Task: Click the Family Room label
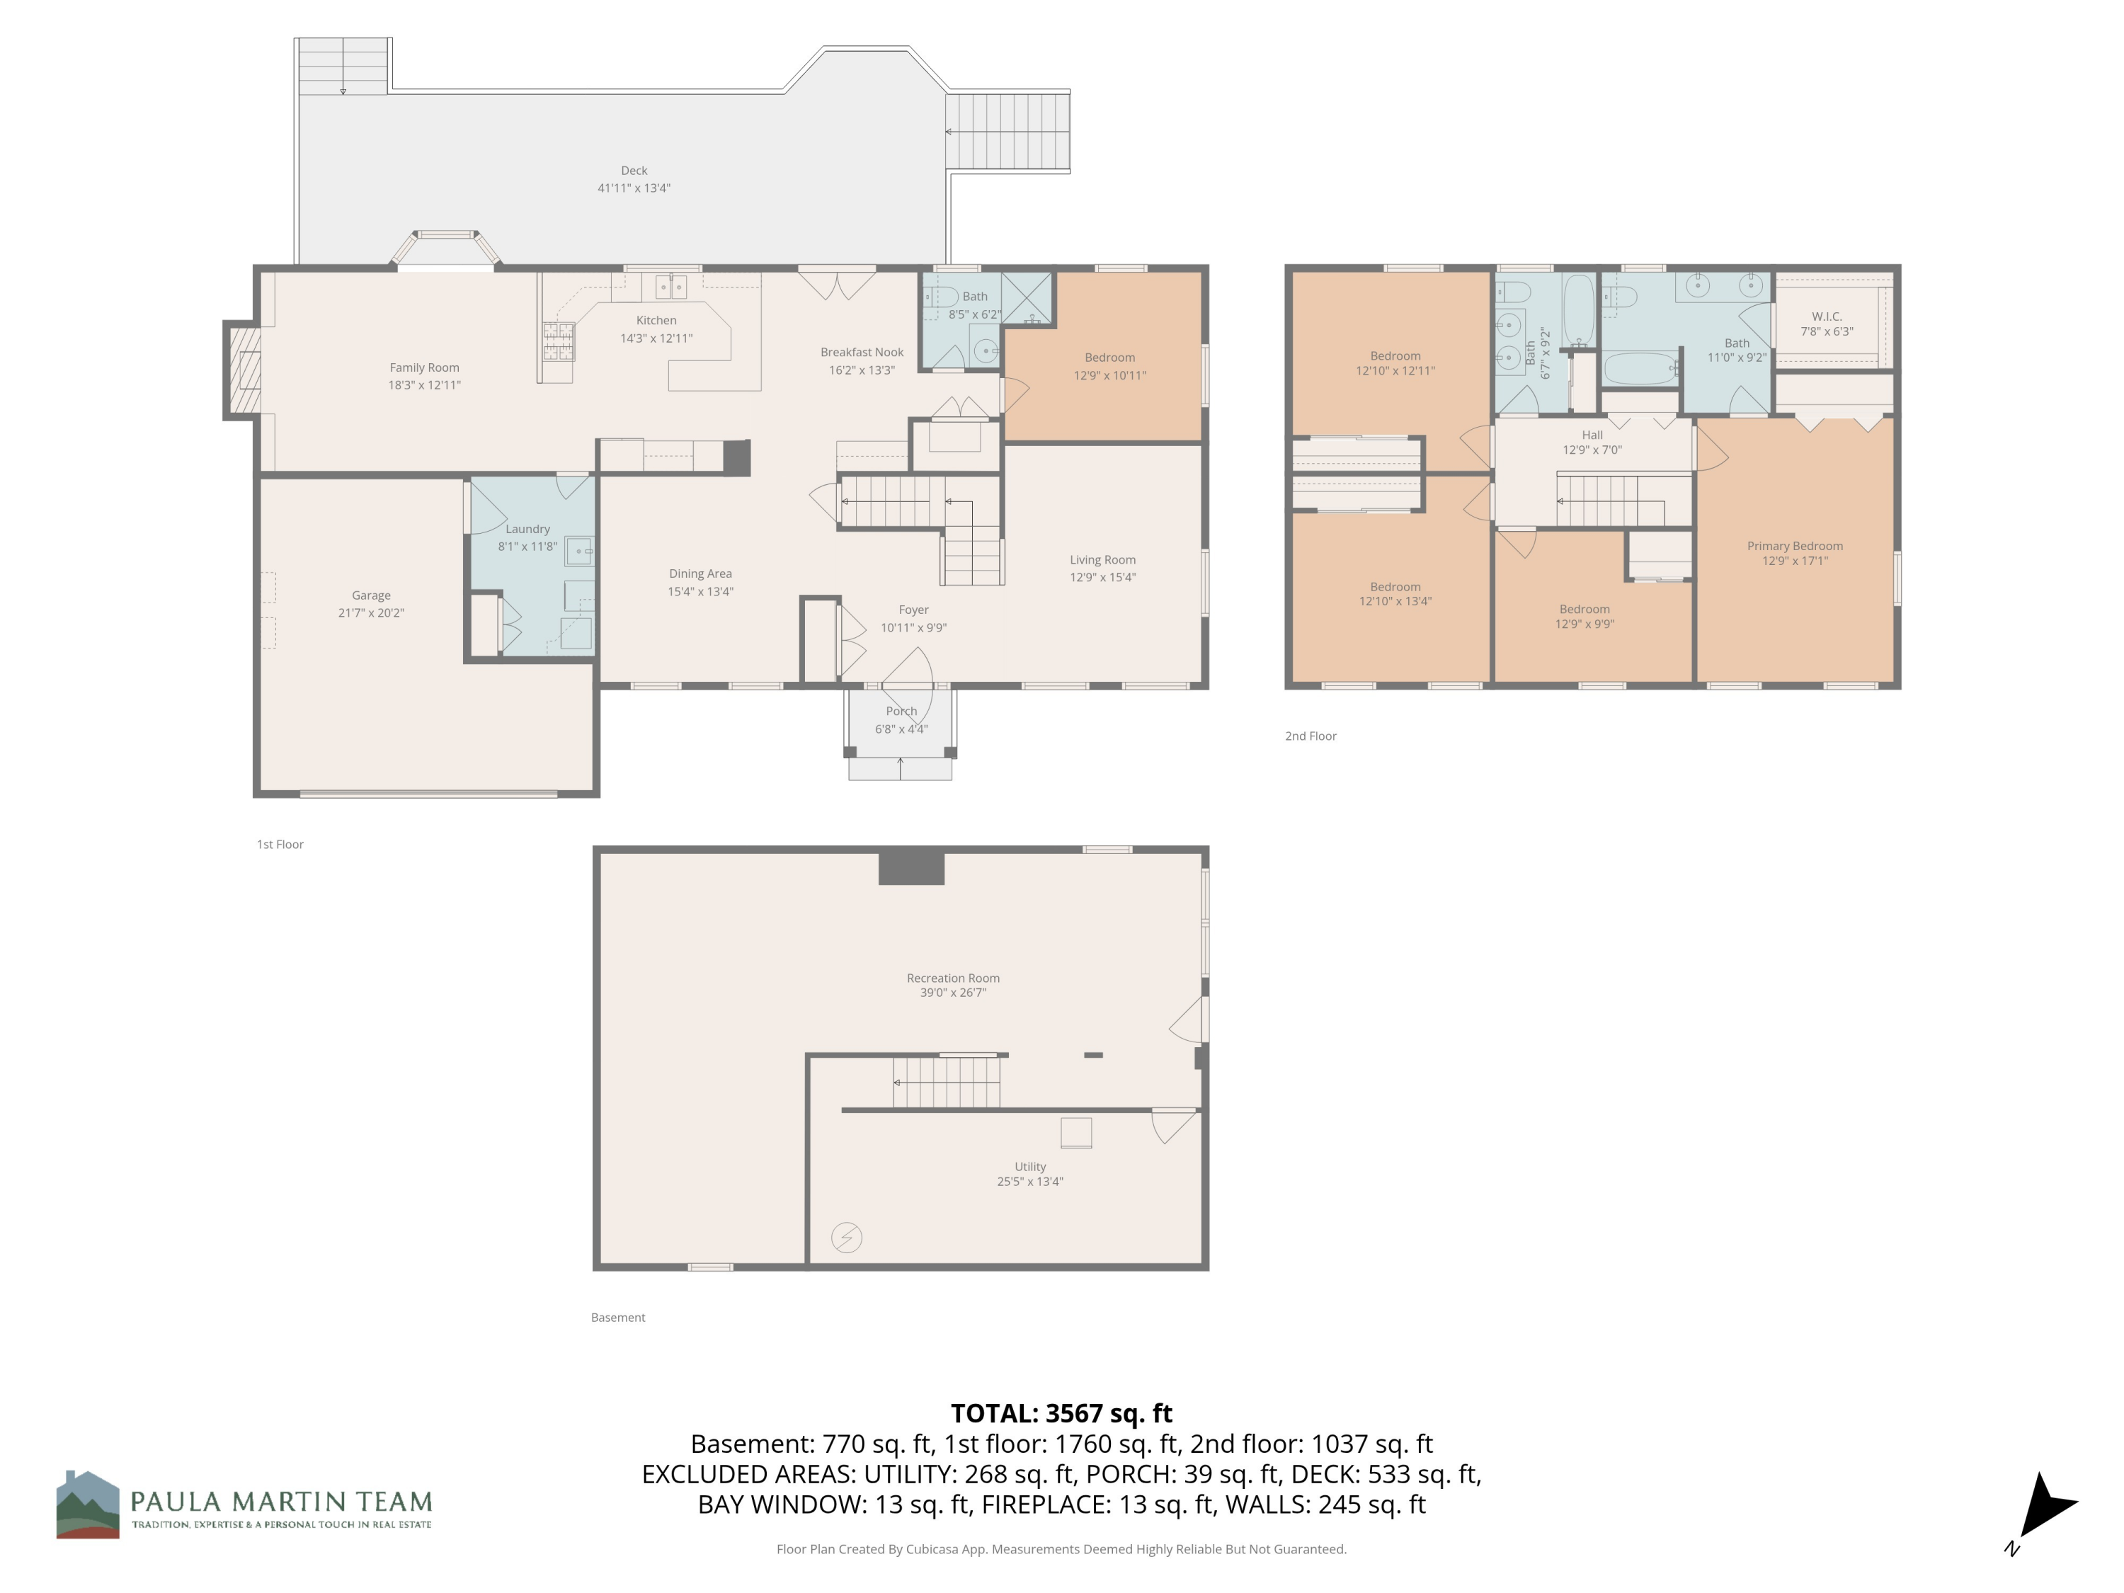[x=424, y=367]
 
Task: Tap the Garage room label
[x=371, y=595]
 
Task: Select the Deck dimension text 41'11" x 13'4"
[x=634, y=188]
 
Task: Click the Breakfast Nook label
[x=862, y=353]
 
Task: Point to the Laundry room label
[x=527, y=529]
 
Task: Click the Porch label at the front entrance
[x=901, y=712]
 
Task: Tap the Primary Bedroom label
[x=1795, y=545]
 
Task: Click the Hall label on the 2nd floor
[x=1592, y=435]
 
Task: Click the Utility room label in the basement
[x=1029, y=1167]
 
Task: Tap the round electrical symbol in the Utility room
[x=846, y=1238]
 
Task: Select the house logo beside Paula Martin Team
[x=87, y=1504]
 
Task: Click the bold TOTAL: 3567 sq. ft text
[x=1061, y=1413]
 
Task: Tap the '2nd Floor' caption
[x=1311, y=736]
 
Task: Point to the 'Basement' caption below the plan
[x=617, y=1318]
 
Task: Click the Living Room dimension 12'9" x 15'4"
[x=1102, y=577]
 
